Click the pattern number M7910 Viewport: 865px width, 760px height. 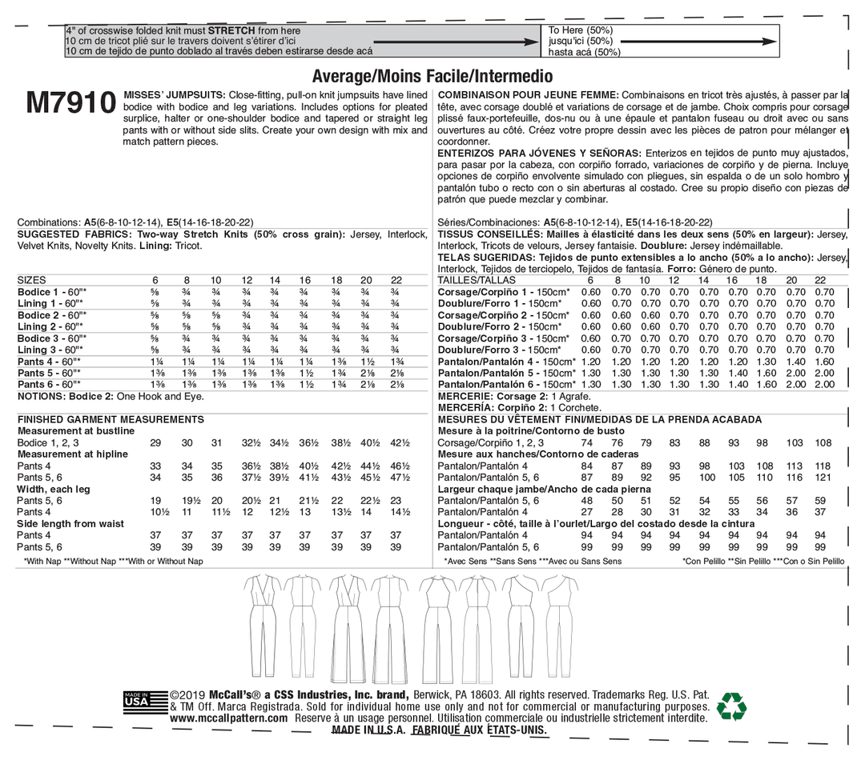[x=70, y=103]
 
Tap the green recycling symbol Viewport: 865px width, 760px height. [x=730, y=706]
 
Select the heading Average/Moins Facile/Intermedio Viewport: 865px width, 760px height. [x=432, y=77]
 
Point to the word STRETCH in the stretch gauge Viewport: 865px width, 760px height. [x=231, y=30]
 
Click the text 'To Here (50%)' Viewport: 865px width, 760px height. [x=580, y=30]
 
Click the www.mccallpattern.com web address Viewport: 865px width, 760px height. [x=229, y=718]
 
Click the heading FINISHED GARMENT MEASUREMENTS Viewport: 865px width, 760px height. [x=111, y=419]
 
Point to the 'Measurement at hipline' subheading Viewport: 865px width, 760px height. [x=73, y=454]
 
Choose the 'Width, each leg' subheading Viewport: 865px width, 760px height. [x=54, y=489]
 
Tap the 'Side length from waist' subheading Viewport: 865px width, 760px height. [x=71, y=524]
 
